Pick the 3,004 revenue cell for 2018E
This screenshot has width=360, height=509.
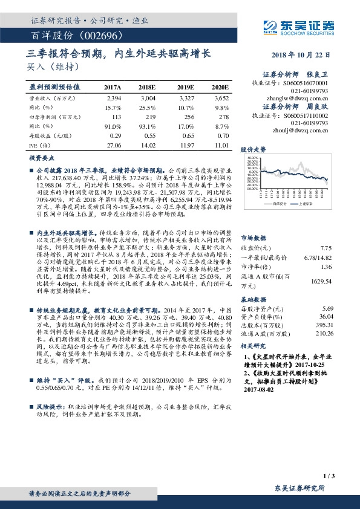point(148,97)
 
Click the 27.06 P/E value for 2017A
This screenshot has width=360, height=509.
point(113,146)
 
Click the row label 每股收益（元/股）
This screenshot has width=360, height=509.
point(48,137)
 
